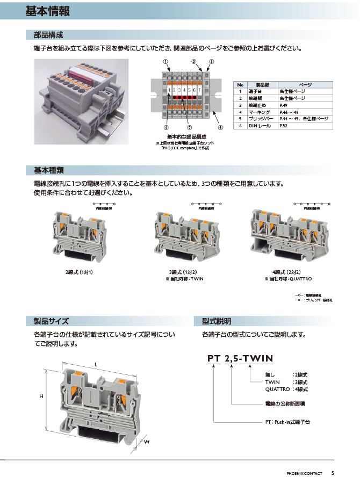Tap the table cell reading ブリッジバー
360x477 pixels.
coord(261,118)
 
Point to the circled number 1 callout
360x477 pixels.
coord(166,62)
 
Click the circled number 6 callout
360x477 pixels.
coord(220,128)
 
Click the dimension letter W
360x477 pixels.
coord(146,442)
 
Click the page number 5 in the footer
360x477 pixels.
coord(333,473)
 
